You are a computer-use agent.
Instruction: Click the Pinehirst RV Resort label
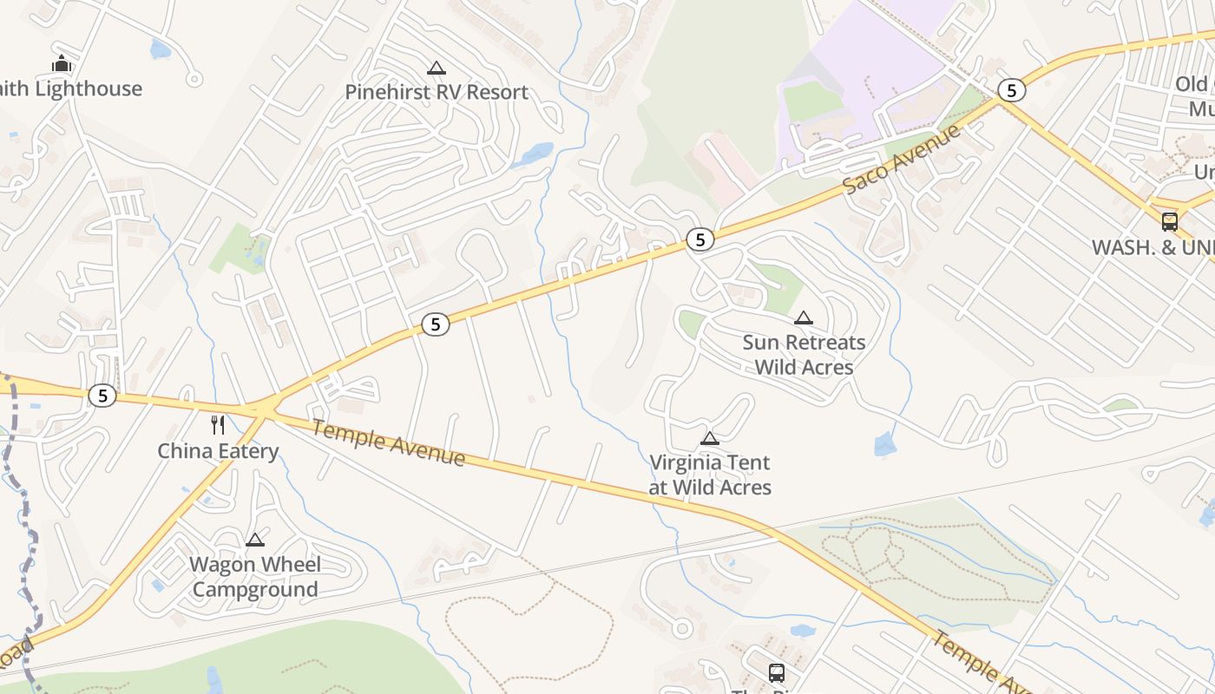coord(437,92)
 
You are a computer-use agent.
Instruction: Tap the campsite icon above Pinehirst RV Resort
coord(437,69)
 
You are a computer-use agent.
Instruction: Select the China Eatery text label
coord(218,451)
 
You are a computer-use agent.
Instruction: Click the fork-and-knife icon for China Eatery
coord(218,425)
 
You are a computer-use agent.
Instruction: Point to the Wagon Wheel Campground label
coord(255,577)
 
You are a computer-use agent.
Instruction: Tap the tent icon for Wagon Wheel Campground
coord(255,540)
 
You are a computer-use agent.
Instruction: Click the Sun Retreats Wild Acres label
coord(804,355)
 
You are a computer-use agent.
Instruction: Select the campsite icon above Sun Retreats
coord(804,318)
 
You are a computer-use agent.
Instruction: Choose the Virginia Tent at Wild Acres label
coord(710,475)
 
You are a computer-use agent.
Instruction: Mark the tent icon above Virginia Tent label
coord(710,439)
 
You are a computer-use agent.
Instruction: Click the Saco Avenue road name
coord(903,159)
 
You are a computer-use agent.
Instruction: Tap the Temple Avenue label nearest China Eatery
coord(388,443)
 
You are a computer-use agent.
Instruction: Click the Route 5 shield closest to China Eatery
coord(102,396)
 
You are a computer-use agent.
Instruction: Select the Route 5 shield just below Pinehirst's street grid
coord(436,324)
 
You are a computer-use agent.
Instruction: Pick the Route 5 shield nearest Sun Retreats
coord(699,239)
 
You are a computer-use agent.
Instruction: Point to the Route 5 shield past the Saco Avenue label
coord(1010,90)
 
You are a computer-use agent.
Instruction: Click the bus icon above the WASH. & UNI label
coord(1170,221)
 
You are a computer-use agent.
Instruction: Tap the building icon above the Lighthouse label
coord(62,64)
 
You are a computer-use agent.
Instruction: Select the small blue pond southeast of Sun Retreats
coord(884,445)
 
